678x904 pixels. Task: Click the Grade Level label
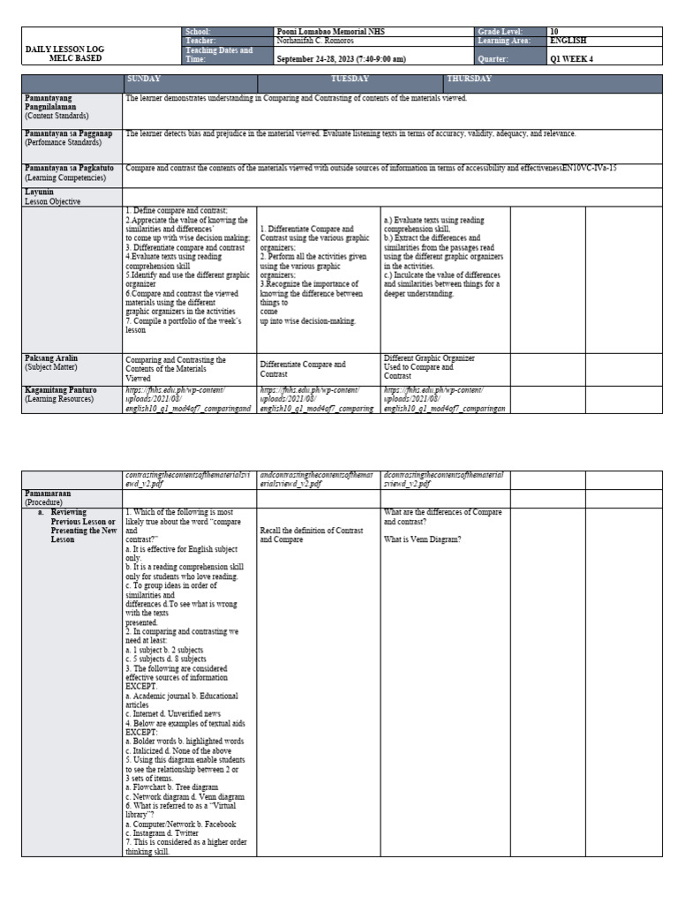501,32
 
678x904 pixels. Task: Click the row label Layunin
40,191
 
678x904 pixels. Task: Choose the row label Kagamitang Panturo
61,389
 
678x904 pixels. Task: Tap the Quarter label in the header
494,59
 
